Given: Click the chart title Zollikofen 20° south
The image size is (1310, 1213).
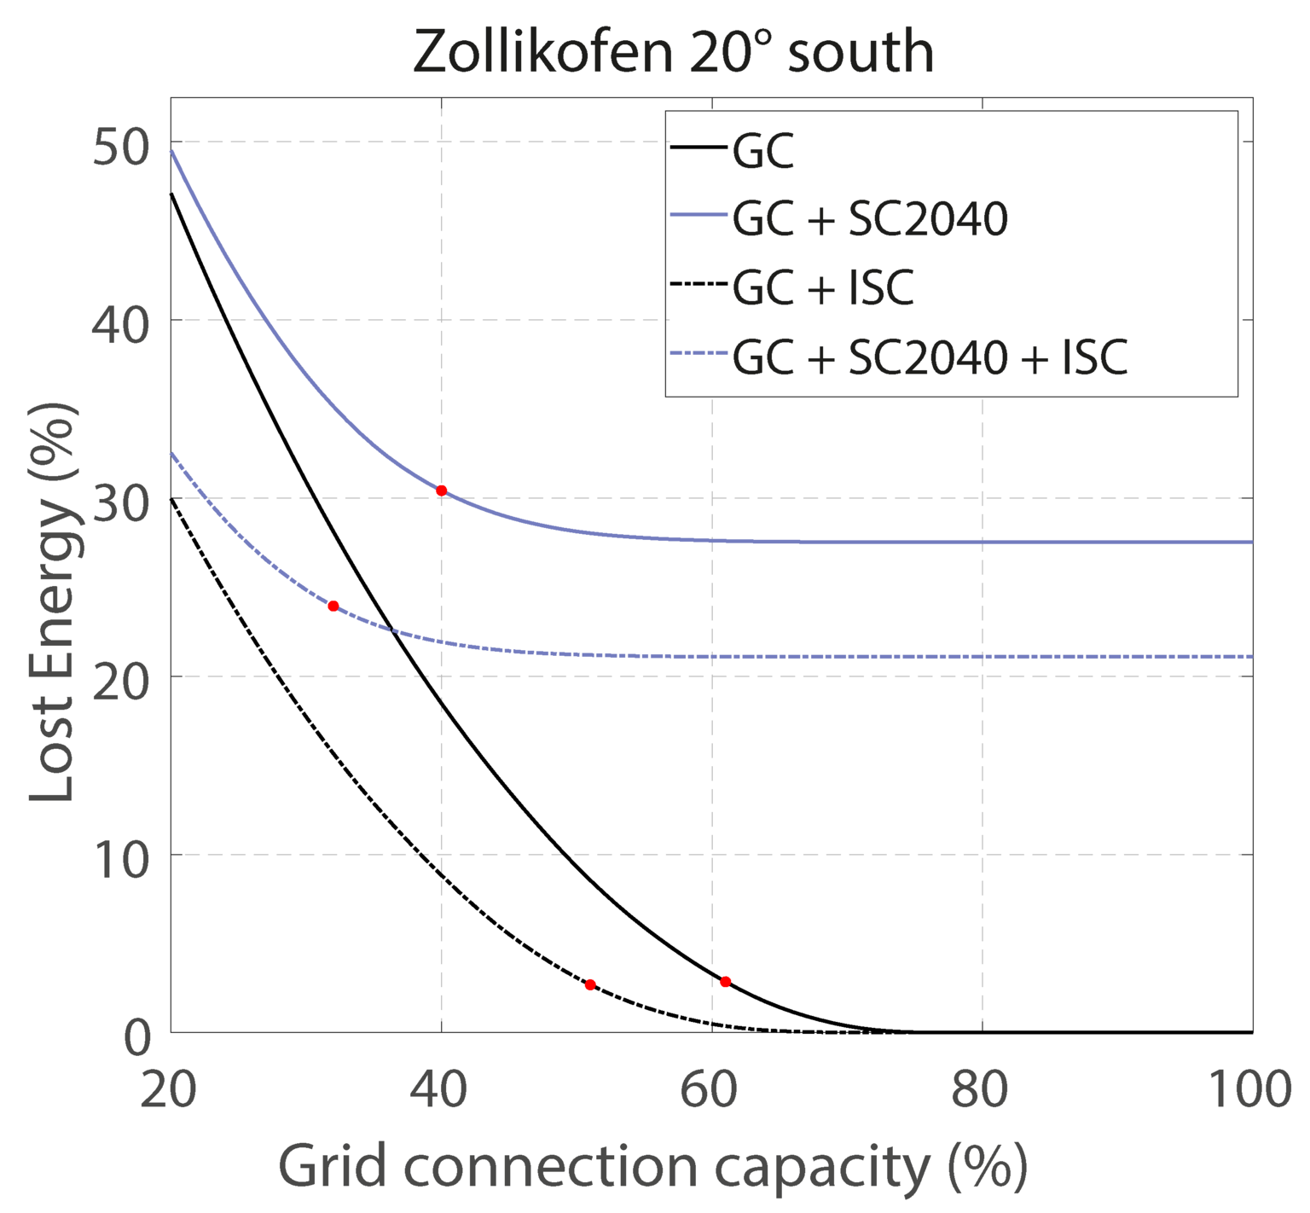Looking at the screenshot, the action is click(673, 52).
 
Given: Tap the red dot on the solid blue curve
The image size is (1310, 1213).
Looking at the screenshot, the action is click(441, 490).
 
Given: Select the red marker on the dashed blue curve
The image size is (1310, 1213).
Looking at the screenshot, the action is click(333, 606).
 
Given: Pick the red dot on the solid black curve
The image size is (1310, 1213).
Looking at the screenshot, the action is click(725, 982).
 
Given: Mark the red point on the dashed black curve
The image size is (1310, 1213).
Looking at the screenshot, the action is click(590, 984).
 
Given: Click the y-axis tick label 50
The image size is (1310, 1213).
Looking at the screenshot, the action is click(120, 142).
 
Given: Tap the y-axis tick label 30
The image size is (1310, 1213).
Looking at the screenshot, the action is click(120, 498).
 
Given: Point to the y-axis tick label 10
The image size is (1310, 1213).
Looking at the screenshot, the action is click(120, 855).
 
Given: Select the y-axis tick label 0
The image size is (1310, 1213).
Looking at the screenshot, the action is click(136, 1034).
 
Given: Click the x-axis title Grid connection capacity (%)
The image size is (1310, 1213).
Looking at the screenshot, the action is click(652, 1166).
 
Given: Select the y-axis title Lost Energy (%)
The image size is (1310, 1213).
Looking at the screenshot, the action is click(52, 601).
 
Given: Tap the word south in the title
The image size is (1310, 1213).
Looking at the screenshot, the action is click(861, 52).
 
